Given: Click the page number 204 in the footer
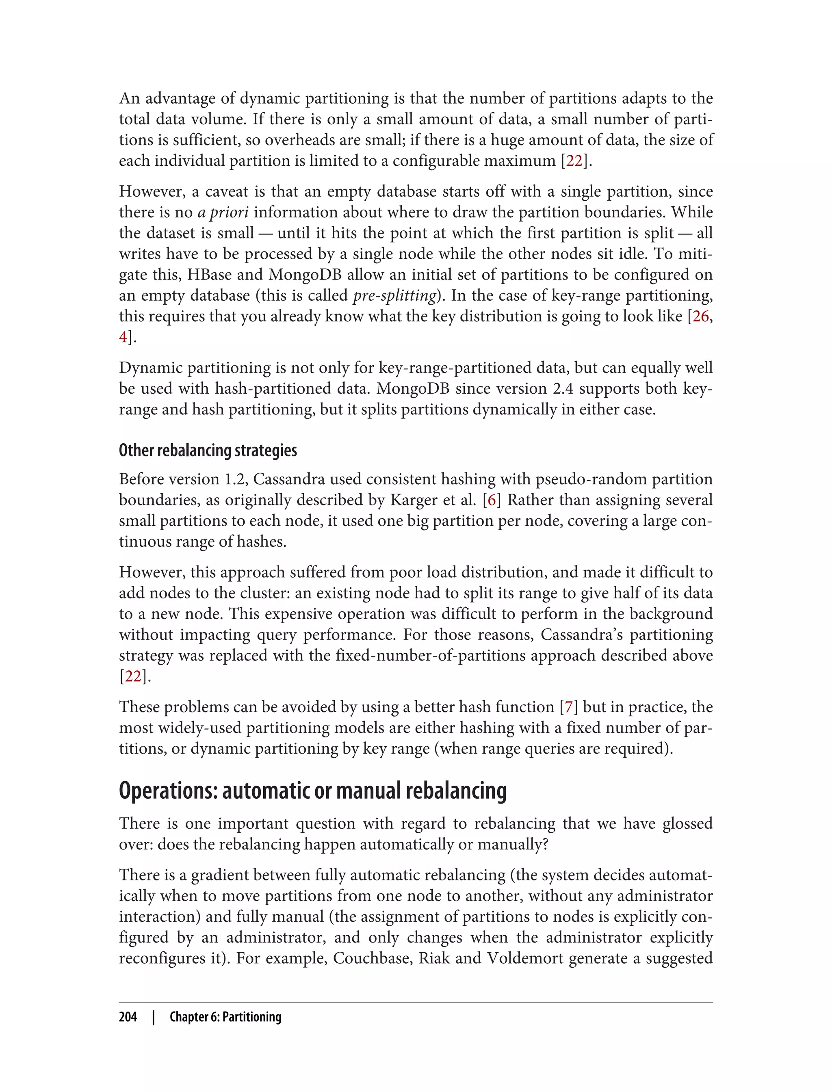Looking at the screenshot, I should coord(128,1017).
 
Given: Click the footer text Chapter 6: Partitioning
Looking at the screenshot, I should coord(225,1017).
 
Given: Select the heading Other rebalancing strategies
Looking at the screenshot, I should coord(208,450).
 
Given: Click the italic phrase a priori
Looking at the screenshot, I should coord(223,212).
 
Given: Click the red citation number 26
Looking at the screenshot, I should coord(700,316).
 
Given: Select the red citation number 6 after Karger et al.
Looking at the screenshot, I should coord(491,500).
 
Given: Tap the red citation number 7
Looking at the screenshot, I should coord(568,707).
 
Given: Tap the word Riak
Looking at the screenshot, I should coord(434,958).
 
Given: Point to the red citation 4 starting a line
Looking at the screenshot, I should coord(123,337).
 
